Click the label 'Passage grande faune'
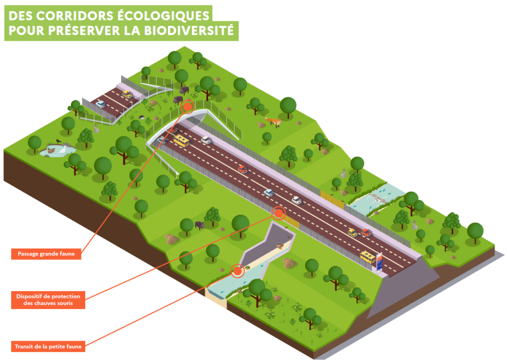coord(46,254)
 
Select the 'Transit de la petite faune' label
coord(47,346)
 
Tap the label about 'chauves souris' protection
coord(48,300)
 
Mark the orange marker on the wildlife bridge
coord(188,107)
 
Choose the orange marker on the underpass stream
coord(238,271)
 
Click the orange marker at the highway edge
coord(279,213)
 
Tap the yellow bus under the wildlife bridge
coord(181,141)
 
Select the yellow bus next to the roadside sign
coord(368,256)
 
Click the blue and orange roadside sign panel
coord(380,261)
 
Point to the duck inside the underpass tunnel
coord(280,246)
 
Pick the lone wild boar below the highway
coord(200,225)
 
